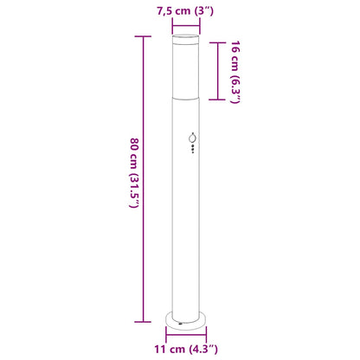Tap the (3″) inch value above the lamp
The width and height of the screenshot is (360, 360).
point(203,11)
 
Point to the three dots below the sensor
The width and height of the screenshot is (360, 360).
point(191,153)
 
